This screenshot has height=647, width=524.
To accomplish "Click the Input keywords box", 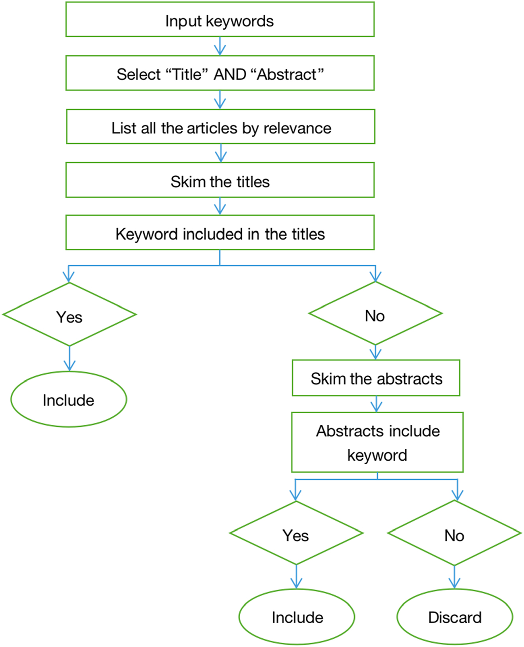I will pos(220,20).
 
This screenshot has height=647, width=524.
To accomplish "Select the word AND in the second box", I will pos(230,74).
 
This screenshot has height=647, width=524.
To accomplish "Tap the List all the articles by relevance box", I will pos(221,127).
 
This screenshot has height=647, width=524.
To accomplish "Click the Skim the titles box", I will pos(220,181).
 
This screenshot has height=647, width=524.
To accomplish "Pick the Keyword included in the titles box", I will pos(220,233).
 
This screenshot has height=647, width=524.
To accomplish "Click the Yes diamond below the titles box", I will pos(69,315).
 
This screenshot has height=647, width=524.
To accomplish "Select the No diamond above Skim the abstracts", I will pos(375,314).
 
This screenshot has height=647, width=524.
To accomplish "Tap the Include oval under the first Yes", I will pos(69,399).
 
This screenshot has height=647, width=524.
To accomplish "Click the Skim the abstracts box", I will pos(376,378).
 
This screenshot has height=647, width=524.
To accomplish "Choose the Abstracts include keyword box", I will pos(377,442).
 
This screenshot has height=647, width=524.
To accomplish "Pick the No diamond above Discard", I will pos(455,534).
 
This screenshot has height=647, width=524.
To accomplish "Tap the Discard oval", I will pos(455,617).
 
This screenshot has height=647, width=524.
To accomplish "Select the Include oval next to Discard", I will pos(297,617).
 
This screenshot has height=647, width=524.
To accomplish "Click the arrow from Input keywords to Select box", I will pos(220,46).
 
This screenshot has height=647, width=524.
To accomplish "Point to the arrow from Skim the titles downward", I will pos(220,206).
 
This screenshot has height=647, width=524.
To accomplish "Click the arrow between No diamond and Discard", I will pos(455,577).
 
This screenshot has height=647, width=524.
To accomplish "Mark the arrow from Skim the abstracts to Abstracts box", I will pos(377,404).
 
